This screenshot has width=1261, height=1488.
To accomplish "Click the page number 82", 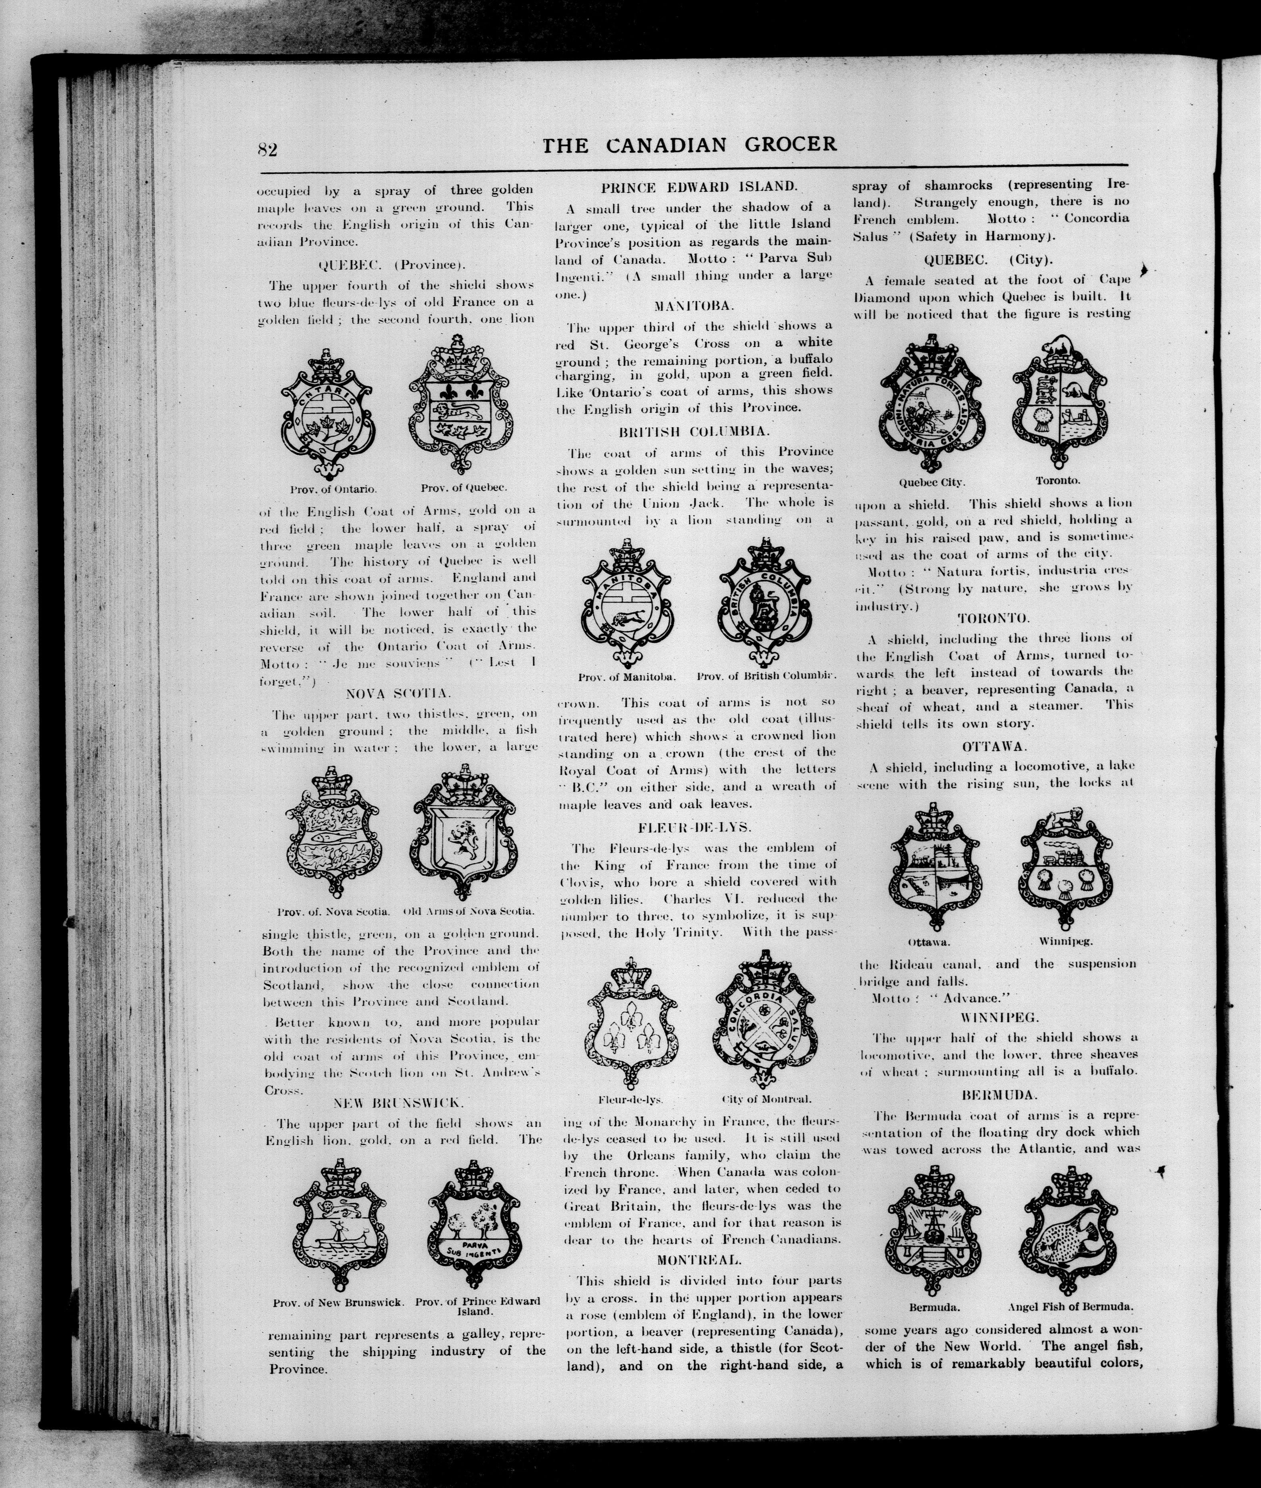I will coord(267,149).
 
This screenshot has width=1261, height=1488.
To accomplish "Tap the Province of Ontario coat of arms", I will coord(327,414).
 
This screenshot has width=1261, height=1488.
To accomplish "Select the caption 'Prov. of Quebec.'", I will coord(463,488).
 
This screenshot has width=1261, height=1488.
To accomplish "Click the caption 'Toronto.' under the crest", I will coord(1058,480).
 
